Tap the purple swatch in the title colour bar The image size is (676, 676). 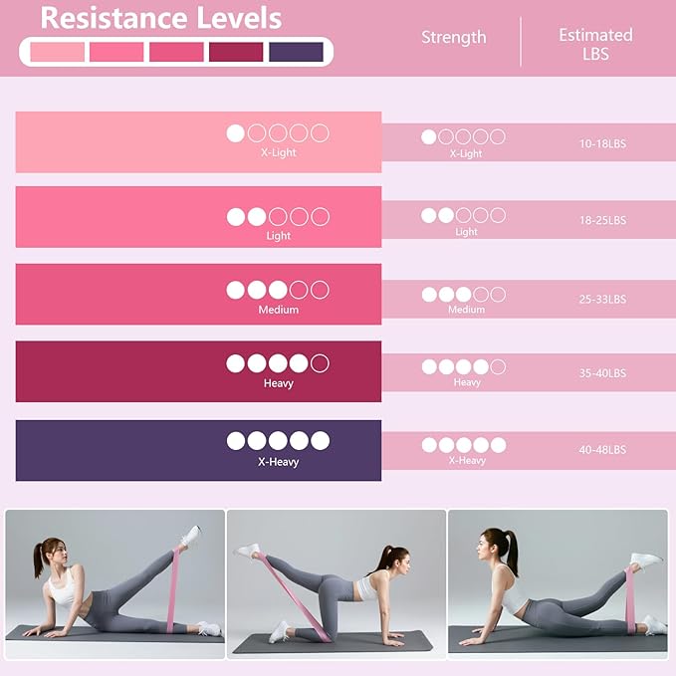tap(296, 52)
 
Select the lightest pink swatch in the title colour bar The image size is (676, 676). tap(58, 52)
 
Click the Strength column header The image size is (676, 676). tap(454, 38)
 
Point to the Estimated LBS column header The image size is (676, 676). tap(595, 44)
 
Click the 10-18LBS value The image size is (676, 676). tap(602, 143)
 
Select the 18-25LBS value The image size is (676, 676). tap(602, 220)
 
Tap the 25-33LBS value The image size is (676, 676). tap(602, 300)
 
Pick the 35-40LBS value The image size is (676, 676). tap(602, 373)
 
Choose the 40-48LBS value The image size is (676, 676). tap(602, 450)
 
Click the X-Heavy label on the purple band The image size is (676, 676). tap(278, 462)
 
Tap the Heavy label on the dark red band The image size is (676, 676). tap(278, 383)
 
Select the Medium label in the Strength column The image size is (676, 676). tap(466, 310)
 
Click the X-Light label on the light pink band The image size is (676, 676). tap(278, 152)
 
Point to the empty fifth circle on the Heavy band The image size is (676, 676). tap(320, 363)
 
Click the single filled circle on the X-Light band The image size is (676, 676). tap(235, 133)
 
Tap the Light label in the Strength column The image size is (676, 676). tap(466, 232)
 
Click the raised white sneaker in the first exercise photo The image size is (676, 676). tap(190, 536)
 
